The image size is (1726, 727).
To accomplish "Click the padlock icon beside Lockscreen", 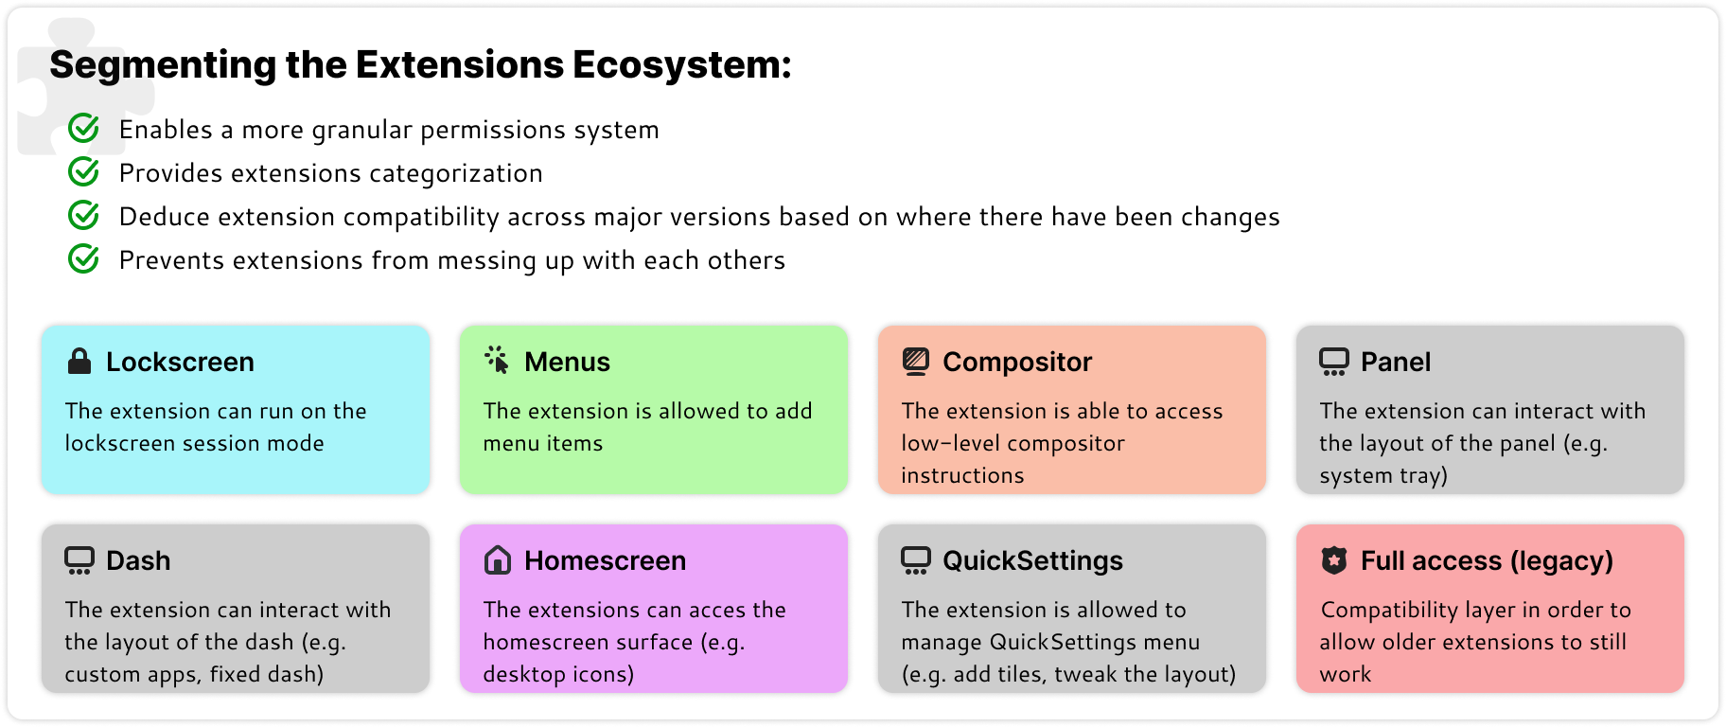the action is click(79, 361).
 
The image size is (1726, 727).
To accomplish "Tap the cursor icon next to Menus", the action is click(497, 360).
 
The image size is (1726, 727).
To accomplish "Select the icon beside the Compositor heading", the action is click(915, 362).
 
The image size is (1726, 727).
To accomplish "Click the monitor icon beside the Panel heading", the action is click(1334, 362).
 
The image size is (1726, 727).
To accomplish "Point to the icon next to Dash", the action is click(79, 560).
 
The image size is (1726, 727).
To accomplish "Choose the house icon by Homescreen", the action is click(498, 560).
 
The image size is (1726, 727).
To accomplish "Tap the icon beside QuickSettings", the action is click(916, 560).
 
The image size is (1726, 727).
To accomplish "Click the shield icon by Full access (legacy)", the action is click(1334, 560).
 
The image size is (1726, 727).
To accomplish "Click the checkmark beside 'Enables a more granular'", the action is click(84, 128).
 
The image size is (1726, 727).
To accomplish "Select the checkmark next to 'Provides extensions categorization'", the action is click(84, 171).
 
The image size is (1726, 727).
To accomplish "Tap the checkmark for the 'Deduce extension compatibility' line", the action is click(84, 215).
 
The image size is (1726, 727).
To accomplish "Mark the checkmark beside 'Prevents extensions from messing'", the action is click(84, 258).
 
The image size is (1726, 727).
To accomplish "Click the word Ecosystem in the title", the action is click(681, 65).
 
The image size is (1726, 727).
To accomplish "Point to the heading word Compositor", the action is click(1017, 363).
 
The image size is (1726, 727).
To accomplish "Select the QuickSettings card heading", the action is click(1032, 560).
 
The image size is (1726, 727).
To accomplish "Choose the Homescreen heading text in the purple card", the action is click(606, 560).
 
